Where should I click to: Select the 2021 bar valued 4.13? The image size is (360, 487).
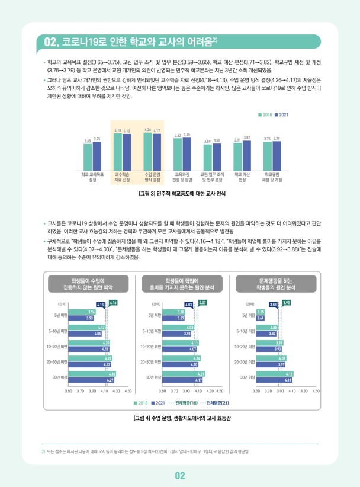point(126,152)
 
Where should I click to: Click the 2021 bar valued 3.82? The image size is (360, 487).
point(247,155)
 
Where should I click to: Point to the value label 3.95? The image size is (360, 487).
point(187,135)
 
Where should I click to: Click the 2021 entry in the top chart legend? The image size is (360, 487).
point(281,114)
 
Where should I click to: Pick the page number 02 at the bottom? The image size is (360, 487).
point(180,475)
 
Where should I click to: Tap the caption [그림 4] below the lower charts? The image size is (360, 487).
point(180,419)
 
